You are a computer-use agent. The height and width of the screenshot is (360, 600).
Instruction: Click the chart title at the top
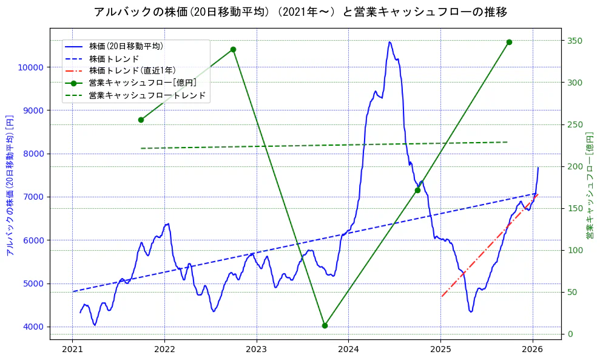pos(300,12)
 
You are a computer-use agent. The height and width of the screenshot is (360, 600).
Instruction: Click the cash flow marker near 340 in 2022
pos(233,49)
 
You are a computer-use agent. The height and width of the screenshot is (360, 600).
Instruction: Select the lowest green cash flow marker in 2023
pos(325,325)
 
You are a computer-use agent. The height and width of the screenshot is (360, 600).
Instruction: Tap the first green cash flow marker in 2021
pos(141,120)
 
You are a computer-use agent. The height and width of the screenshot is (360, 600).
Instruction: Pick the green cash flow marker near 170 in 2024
pos(417,190)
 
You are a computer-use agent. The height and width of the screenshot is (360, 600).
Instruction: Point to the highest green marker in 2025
pos(509,42)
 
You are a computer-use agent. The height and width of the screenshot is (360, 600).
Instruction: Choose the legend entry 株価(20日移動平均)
pos(126,46)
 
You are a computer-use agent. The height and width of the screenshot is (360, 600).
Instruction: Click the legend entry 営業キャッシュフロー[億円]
pos(143,83)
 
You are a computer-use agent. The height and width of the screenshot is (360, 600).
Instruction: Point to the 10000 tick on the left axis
pos(33,67)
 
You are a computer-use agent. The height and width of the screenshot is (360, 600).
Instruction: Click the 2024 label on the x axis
pos(348,349)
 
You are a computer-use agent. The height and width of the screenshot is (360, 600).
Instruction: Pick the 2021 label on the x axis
pos(72,349)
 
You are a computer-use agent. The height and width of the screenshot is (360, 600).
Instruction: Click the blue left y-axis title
pos(10,185)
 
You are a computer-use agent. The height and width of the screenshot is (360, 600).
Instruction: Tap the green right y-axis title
pos(589,185)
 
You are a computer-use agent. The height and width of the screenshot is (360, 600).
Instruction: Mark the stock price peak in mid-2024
pos(389,42)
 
